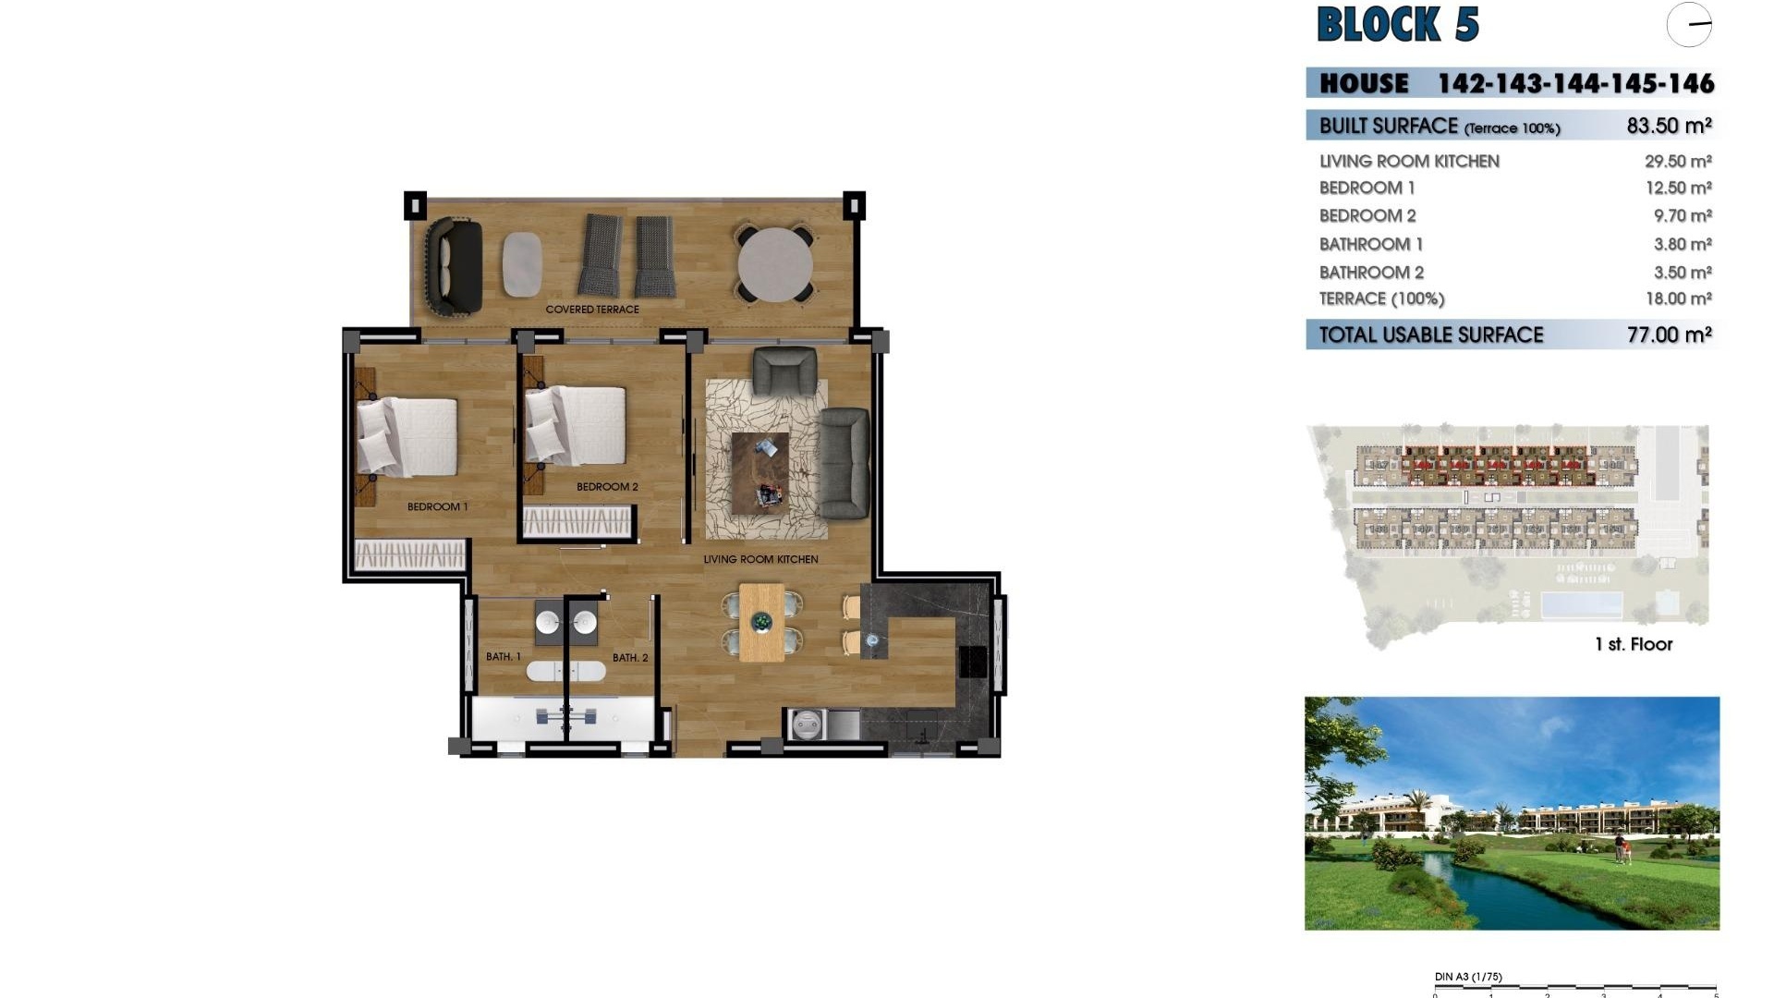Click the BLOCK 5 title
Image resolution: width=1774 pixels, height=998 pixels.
pyautogui.click(x=1397, y=25)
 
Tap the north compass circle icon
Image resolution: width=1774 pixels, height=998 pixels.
pyautogui.click(x=1689, y=25)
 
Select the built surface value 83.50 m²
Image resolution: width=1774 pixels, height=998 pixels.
pyautogui.click(x=1669, y=126)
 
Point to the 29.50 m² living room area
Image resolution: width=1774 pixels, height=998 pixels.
pyautogui.click(x=1678, y=161)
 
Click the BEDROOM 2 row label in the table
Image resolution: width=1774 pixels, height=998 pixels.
pyautogui.click(x=1367, y=216)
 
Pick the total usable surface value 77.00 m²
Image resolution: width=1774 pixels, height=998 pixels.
pyautogui.click(x=1669, y=335)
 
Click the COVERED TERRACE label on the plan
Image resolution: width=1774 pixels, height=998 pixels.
pyautogui.click(x=592, y=310)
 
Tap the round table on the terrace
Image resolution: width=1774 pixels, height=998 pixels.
pyautogui.click(x=775, y=264)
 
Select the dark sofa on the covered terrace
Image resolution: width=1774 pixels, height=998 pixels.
pyautogui.click(x=454, y=265)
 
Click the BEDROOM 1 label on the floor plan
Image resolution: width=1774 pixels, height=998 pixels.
pyautogui.click(x=437, y=506)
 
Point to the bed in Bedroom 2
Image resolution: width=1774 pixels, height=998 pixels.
pyautogui.click(x=577, y=425)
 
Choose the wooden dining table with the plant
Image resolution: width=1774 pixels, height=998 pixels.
pyautogui.click(x=761, y=622)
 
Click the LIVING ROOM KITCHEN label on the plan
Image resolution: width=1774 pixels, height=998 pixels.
pyautogui.click(x=760, y=559)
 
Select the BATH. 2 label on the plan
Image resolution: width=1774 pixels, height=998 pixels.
pyautogui.click(x=630, y=658)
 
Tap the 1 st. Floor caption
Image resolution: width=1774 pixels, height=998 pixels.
pyautogui.click(x=1633, y=644)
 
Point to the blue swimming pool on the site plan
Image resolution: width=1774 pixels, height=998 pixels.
pyautogui.click(x=1581, y=605)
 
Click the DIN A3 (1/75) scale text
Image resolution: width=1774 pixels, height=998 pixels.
pyautogui.click(x=1468, y=977)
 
